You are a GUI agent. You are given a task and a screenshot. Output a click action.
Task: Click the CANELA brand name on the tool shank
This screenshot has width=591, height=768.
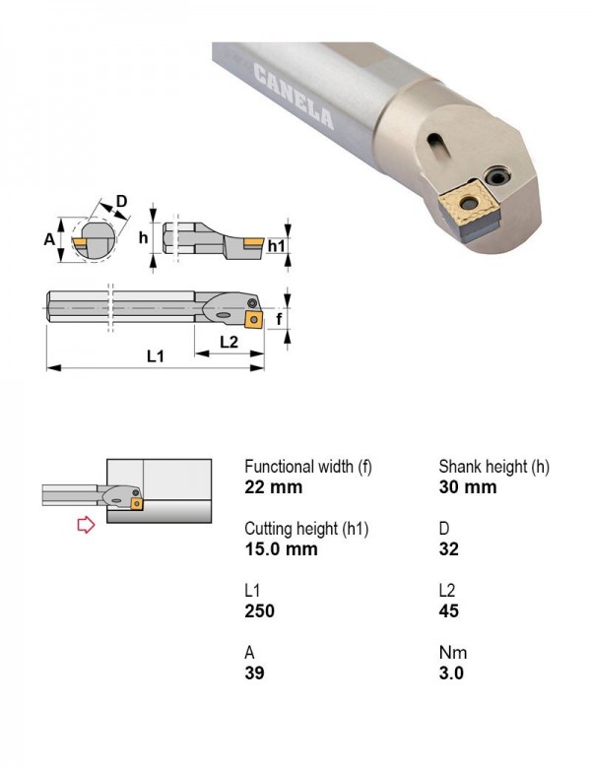pos(295,96)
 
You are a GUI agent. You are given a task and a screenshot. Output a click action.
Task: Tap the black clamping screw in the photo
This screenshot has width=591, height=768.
pos(496,176)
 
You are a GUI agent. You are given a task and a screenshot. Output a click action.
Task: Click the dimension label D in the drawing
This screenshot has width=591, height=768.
pos(121,201)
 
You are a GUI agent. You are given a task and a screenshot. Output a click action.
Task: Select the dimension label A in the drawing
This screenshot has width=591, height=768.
pos(49,239)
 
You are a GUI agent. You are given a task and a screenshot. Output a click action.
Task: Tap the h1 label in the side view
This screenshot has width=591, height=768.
pos(277,246)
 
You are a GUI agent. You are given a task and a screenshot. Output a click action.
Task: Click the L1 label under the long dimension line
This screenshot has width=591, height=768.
pos(156,356)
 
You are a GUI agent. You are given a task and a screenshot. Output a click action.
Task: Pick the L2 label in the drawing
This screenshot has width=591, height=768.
pos(229,342)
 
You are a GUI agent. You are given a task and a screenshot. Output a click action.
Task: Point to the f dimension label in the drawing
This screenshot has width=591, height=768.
pos(279,319)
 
